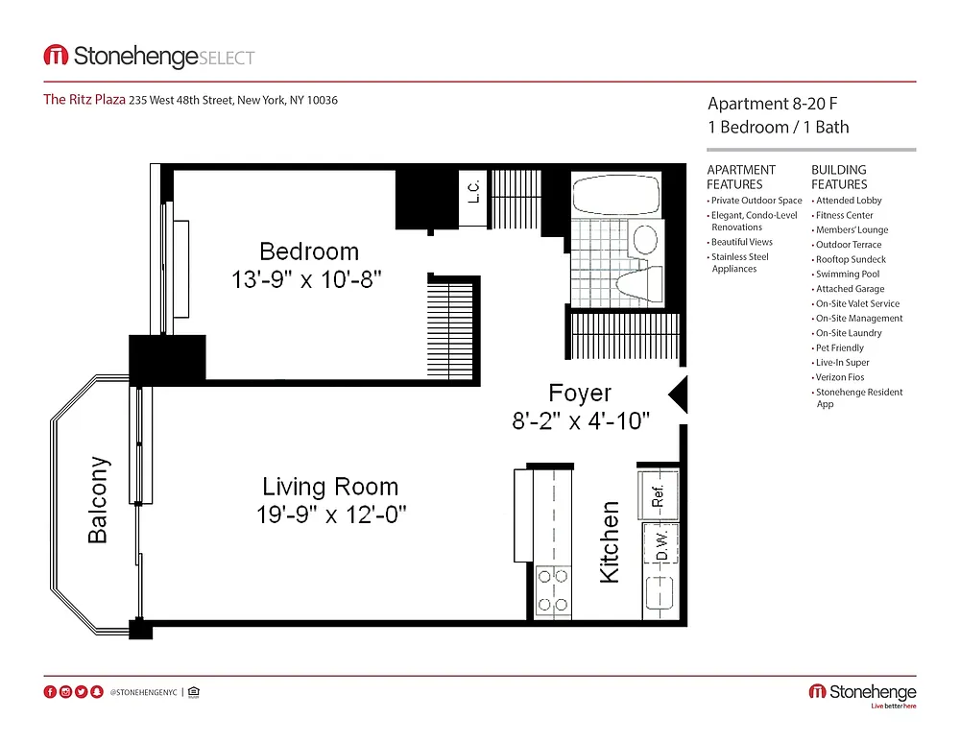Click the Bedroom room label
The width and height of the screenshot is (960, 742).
pos(309,251)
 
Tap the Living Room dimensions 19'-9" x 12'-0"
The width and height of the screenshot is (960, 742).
pos(331,515)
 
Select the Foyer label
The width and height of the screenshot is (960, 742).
pos(580,393)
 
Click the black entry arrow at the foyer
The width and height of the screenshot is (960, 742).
pos(678,395)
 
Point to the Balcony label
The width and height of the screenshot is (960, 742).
pos(98,499)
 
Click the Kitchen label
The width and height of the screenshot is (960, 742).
pos(610,541)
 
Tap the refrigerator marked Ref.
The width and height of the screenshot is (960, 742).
pos(659,495)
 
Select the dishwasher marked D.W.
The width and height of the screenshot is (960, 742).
pos(660,545)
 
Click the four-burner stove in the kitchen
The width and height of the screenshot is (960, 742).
pos(552,591)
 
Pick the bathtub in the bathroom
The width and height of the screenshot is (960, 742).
pos(616,195)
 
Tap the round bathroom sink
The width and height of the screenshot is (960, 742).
pos(645,239)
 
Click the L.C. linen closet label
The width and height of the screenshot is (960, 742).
pos(473,191)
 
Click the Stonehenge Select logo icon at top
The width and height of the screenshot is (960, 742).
pos(56,56)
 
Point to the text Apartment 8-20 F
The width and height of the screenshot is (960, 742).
pos(773,104)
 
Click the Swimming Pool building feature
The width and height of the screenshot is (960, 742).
pos(848,275)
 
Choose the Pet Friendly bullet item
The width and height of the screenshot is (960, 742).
pos(839,347)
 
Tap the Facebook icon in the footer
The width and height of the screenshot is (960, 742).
pos(50,692)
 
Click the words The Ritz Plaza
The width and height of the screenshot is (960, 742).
pos(84,99)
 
